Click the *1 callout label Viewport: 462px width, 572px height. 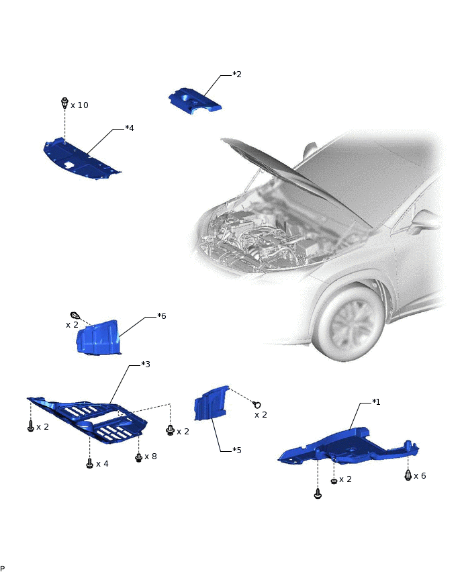[376, 402]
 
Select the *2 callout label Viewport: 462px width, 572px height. [237, 75]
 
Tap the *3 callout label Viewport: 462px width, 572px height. [146, 365]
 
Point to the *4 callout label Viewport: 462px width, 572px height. [130, 128]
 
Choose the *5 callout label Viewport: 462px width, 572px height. [237, 450]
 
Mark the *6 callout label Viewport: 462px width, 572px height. [162, 316]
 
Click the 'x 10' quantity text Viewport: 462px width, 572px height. [79, 105]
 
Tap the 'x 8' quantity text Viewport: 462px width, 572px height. [150, 457]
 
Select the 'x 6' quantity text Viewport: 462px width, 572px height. [420, 476]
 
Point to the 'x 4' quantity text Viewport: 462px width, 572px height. [103, 464]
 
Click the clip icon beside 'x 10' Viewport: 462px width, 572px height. [64, 103]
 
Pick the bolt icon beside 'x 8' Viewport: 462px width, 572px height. [139, 457]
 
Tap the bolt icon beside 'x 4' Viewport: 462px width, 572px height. [90, 464]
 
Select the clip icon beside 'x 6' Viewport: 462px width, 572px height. [408, 475]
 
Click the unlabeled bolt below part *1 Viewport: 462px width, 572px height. [318, 494]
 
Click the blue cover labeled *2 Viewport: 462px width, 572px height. [194, 101]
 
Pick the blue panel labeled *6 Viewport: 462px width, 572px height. [98, 338]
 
